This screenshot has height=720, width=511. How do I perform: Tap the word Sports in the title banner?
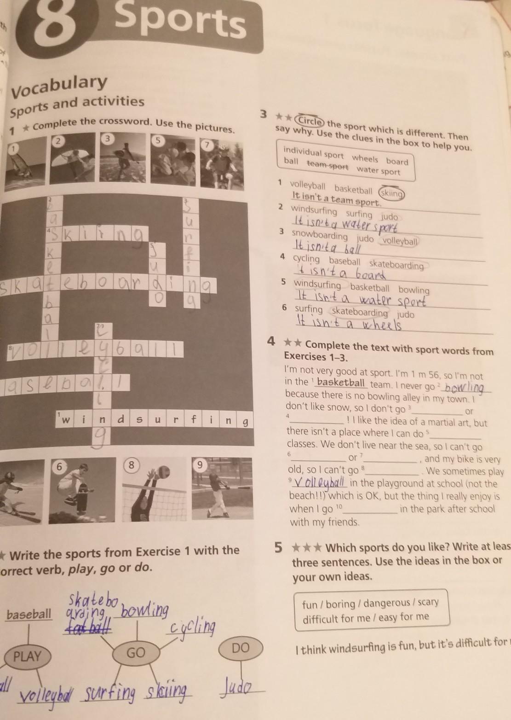point(180,21)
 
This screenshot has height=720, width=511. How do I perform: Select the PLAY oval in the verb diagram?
point(27,656)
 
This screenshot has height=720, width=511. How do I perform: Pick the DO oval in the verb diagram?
point(240,648)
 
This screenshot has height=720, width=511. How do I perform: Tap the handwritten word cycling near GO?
point(193,627)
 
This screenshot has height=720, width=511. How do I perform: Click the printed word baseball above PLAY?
point(29,614)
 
